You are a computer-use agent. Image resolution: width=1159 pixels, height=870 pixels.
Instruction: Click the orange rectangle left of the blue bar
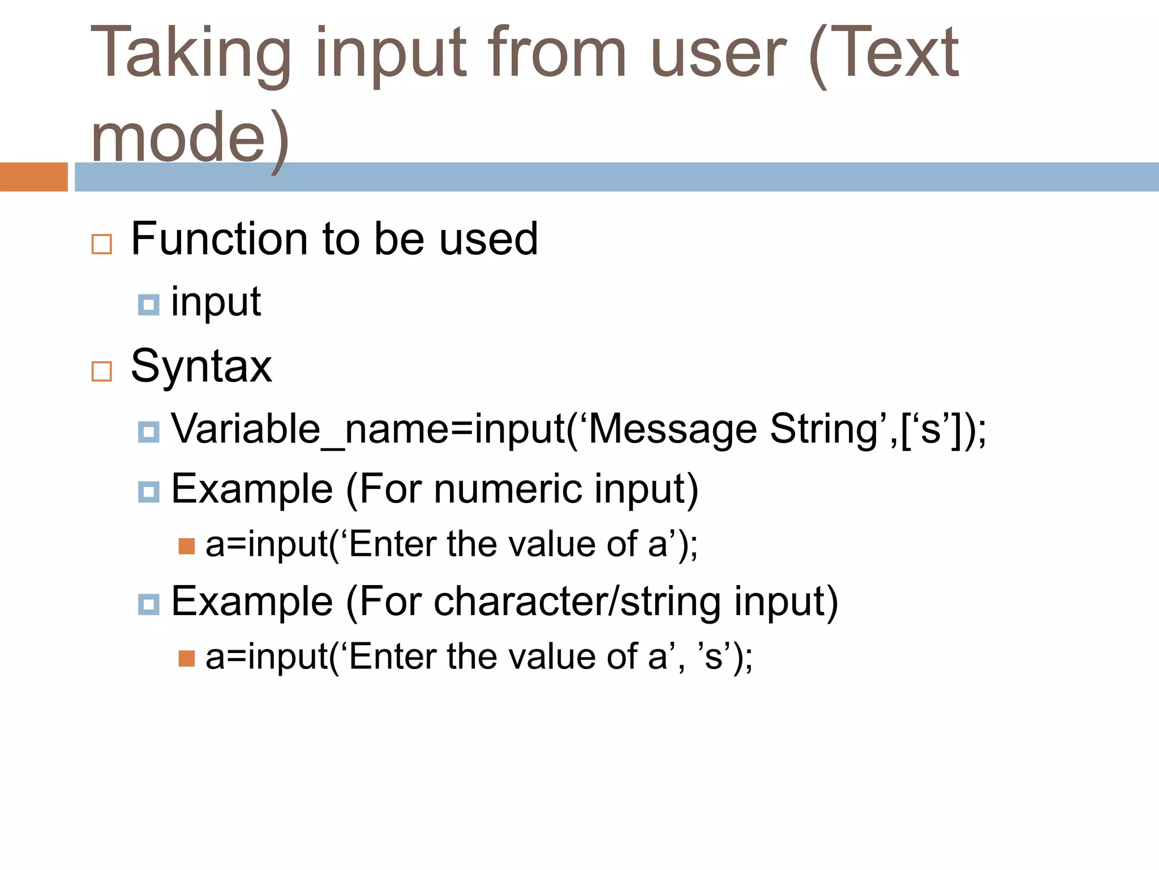click(33, 177)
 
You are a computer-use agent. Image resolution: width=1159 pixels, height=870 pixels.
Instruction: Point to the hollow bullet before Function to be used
click(102, 244)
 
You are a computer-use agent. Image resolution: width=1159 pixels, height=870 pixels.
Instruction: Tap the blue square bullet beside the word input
click(148, 305)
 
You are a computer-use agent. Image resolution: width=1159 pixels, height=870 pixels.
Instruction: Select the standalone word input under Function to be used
click(216, 302)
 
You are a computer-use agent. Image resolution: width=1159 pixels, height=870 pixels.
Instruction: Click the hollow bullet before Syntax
click(102, 372)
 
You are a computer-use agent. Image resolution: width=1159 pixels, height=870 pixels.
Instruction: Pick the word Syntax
click(201, 367)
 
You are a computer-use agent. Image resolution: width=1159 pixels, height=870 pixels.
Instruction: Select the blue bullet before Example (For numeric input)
click(148, 492)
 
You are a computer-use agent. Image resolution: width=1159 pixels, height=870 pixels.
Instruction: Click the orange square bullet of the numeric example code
click(186, 546)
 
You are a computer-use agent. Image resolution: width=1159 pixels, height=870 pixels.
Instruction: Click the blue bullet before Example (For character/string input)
click(148, 604)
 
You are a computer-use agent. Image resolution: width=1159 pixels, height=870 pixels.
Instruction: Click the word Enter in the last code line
click(393, 657)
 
